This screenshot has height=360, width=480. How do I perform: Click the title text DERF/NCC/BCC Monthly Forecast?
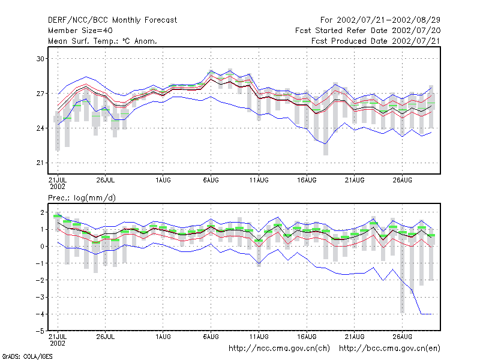[112, 20]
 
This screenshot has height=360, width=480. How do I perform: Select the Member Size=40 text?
[80, 31]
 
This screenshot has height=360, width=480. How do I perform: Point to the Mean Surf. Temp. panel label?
[103, 41]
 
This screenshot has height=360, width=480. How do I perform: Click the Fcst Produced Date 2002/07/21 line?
[376, 41]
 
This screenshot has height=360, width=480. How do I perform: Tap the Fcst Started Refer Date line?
[368, 31]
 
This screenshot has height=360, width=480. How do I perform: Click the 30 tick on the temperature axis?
[41, 59]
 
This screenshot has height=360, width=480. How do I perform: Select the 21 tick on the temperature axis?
[41, 163]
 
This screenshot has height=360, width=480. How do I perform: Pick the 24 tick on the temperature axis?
[41, 128]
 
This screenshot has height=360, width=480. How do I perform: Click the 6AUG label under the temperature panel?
[211, 181]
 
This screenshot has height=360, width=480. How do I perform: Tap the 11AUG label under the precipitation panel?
[259, 337]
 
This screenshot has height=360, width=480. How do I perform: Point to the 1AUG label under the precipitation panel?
[163, 337]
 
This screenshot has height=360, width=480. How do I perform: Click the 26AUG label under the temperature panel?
[402, 181]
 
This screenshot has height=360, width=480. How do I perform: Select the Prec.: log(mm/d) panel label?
[82, 198]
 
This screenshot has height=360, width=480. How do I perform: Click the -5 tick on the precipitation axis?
[40, 331]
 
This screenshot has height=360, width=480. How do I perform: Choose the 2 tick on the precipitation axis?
[42, 212]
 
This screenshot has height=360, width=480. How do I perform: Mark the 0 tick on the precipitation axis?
[42, 247]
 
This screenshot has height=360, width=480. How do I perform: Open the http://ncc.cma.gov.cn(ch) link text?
[279, 349]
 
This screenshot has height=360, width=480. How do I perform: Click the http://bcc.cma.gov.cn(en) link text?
[389, 349]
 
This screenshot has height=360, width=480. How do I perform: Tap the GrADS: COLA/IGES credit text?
[27, 356]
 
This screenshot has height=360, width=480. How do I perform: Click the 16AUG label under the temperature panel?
[307, 181]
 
